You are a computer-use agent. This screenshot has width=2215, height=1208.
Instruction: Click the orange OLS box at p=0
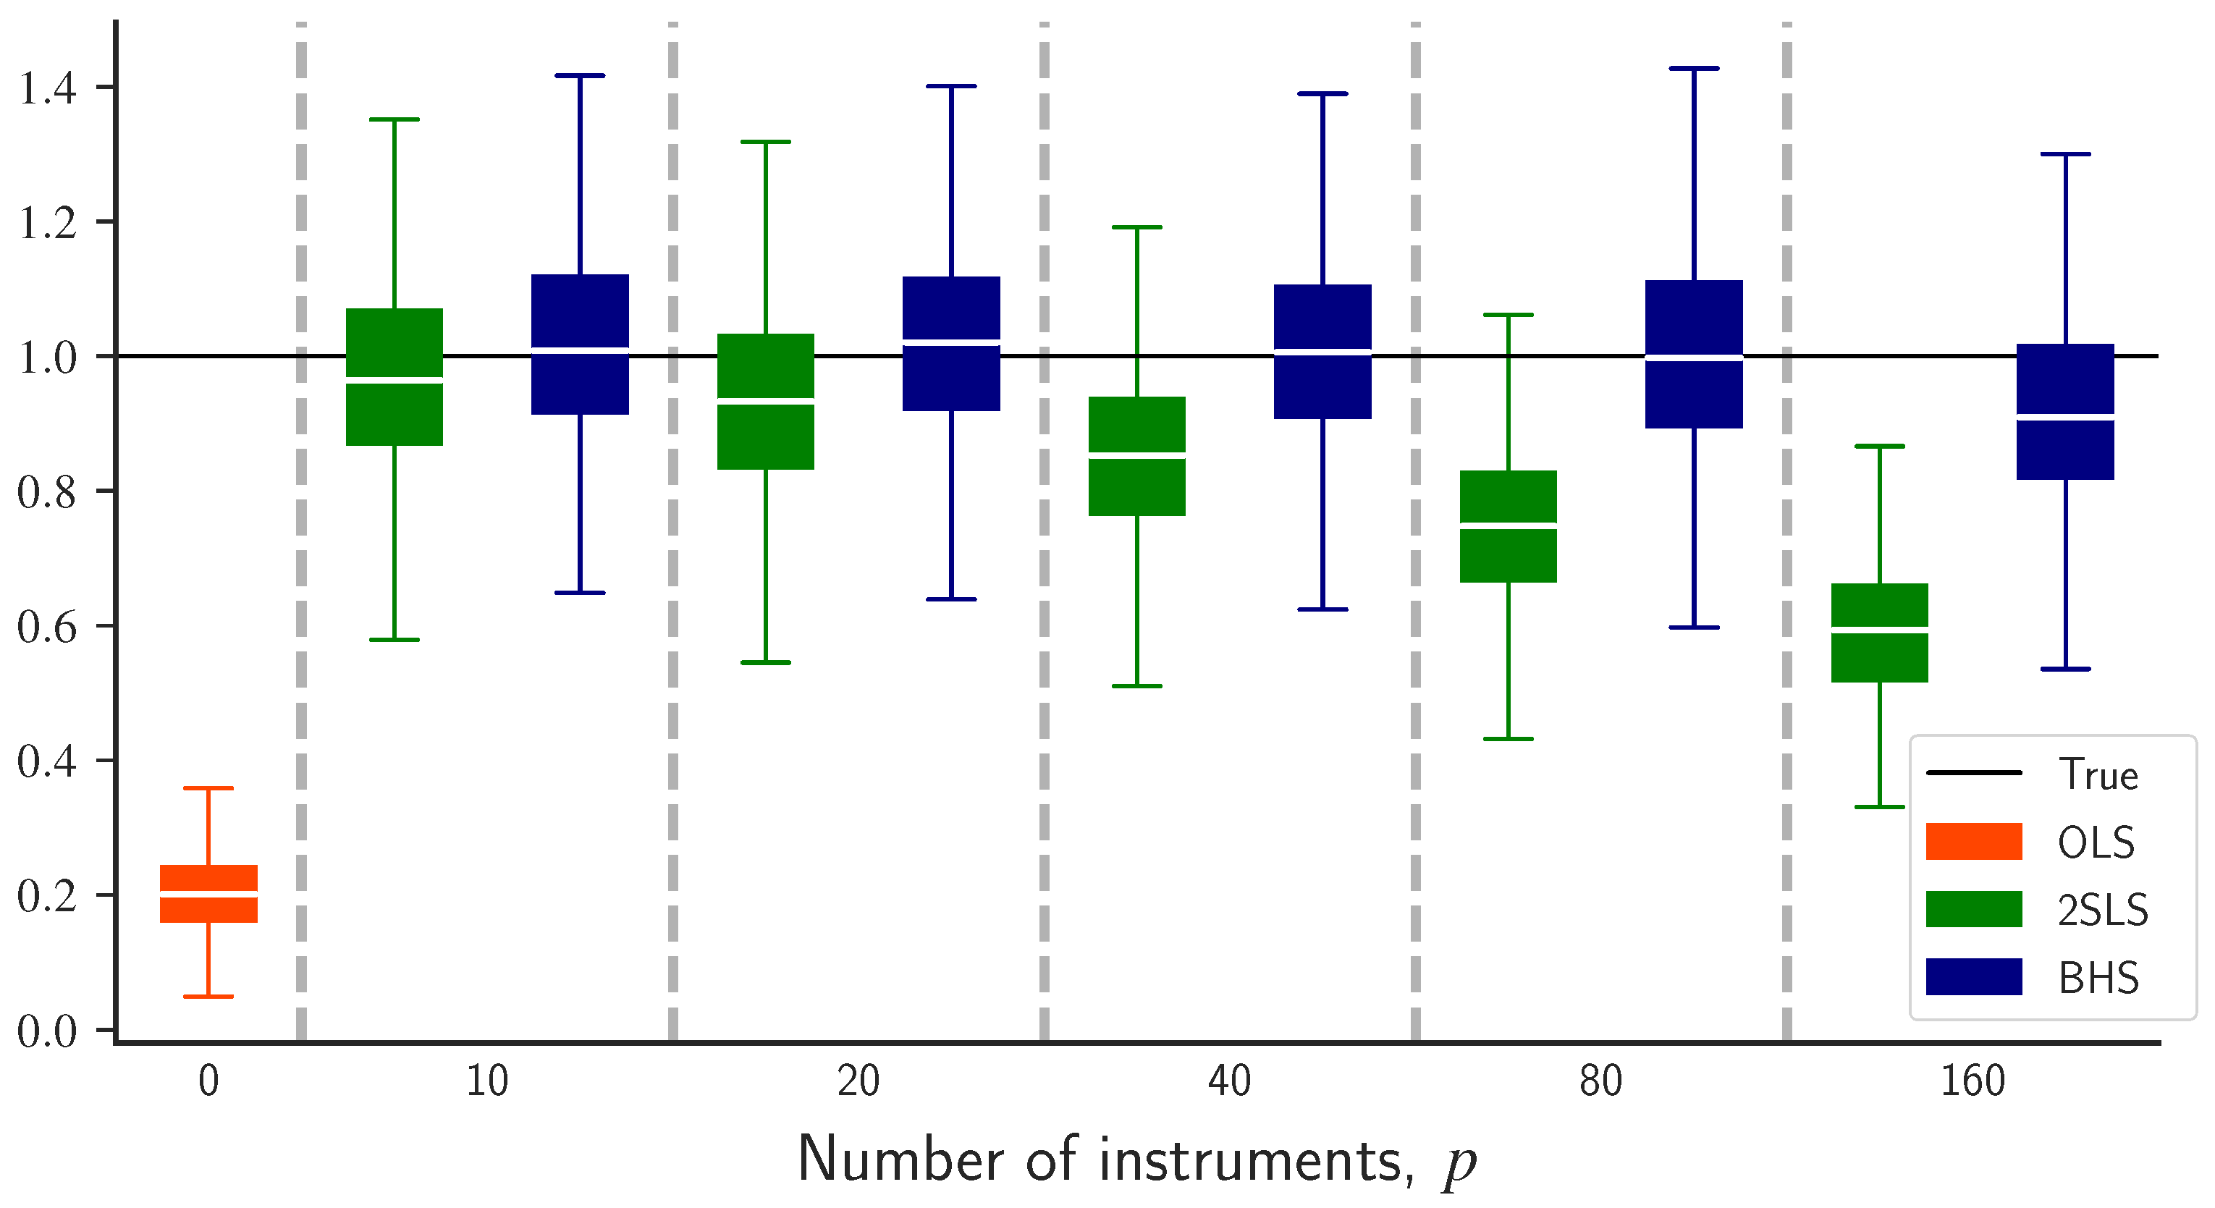tap(209, 893)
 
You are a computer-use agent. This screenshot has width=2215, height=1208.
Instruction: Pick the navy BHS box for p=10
tap(580, 344)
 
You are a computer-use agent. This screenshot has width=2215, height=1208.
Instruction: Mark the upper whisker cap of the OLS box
tap(209, 787)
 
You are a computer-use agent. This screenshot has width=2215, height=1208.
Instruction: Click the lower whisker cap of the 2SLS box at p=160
tap(1880, 806)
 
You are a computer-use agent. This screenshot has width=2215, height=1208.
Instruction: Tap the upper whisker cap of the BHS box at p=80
tap(1693, 68)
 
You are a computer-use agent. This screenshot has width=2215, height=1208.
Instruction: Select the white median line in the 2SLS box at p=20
tap(765, 401)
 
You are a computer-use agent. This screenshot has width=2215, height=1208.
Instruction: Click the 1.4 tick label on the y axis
tap(47, 88)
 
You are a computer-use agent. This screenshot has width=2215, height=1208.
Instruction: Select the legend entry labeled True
tap(2097, 774)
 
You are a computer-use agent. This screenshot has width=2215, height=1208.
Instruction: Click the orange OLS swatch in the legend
tap(1973, 841)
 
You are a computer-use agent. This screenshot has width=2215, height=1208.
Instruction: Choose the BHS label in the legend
tap(2097, 978)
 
